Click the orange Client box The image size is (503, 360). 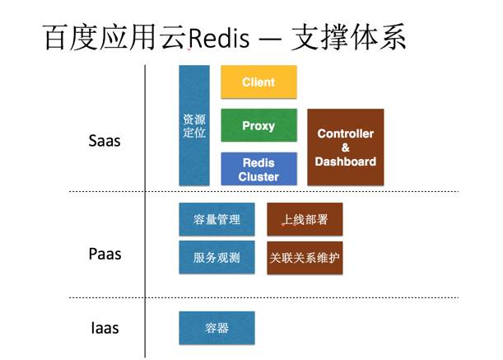pyautogui.click(x=258, y=82)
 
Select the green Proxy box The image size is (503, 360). pyautogui.click(x=258, y=126)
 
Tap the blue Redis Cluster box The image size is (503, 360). pyautogui.click(x=258, y=169)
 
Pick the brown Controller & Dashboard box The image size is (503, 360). pyautogui.click(x=346, y=147)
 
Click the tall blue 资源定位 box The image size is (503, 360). pyautogui.click(x=194, y=125)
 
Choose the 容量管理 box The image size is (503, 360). pyautogui.click(x=217, y=220)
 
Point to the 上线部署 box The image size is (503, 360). pyautogui.click(x=305, y=220)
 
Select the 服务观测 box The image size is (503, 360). pyautogui.click(x=217, y=258)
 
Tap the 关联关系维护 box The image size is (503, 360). pyautogui.click(x=305, y=258)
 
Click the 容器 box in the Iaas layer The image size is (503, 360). pyautogui.click(x=217, y=328)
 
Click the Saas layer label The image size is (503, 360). pyautogui.click(x=105, y=141)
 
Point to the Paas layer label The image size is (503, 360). pyautogui.click(x=105, y=254)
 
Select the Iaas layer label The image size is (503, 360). pyautogui.click(x=105, y=328)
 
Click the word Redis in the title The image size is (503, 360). pyautogui.click(x=218, y=39)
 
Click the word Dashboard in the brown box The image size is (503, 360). pyautogui.click(x=346, y=161)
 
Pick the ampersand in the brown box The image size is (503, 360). pyautogui.click(x=346, y=147)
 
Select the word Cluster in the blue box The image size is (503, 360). pyautogui.click(x=258, y=176)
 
